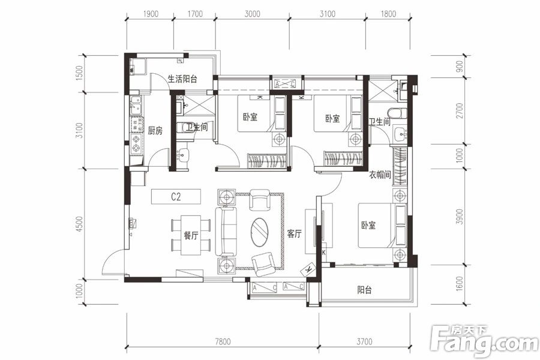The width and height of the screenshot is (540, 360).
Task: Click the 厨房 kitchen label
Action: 155,131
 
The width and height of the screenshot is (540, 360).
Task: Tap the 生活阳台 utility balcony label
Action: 182,79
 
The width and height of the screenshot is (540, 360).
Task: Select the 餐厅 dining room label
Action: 191,236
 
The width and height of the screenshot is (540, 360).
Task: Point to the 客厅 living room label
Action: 294,234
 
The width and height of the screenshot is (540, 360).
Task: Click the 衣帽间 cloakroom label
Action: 380,175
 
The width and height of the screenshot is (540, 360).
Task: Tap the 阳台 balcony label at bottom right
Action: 364,290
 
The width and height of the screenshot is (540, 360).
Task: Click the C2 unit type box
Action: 176,197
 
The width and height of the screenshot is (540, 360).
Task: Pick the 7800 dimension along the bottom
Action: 223,342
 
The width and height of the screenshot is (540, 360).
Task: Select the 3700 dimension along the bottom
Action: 364,342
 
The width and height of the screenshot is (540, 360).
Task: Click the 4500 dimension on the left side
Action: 79,224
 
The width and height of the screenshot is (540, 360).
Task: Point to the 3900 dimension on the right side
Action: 460,217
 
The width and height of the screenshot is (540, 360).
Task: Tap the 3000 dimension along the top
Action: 252,14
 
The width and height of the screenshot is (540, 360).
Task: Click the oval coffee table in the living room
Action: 260,233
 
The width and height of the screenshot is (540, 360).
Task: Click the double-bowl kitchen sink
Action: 137,106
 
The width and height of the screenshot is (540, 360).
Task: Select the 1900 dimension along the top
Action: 151,14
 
